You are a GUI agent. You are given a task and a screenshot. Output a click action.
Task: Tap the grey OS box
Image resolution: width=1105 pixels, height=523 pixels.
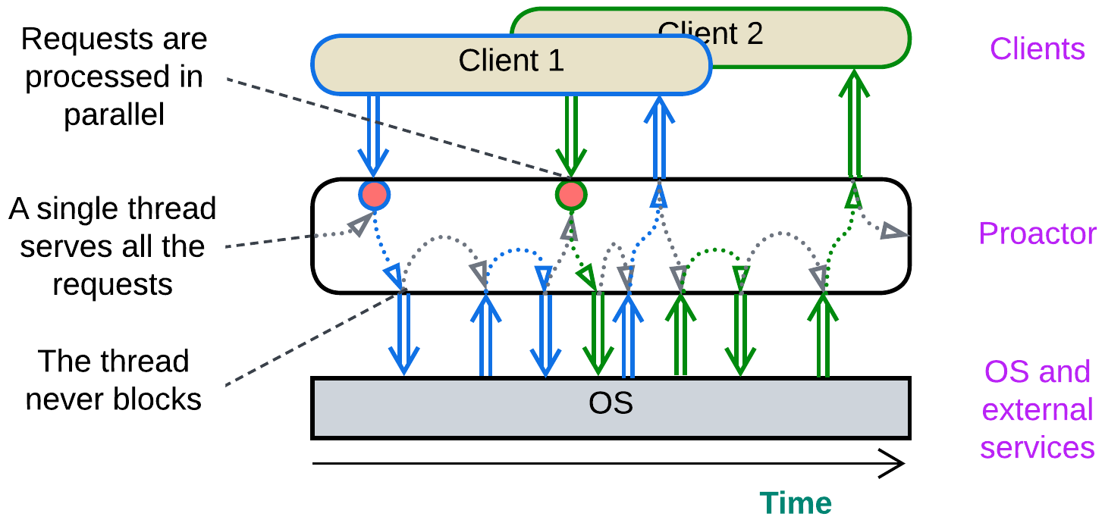tap(611, 407)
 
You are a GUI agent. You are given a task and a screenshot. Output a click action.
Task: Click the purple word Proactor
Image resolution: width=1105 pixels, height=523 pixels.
tap(1038, 233)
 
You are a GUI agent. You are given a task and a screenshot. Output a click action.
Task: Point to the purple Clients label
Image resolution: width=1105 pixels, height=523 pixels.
tap(1037, 49)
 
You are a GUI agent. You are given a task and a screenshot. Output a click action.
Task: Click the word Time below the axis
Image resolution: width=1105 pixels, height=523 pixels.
tap(796, 503)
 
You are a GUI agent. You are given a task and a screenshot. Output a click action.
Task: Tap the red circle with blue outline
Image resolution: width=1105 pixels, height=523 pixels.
tap(374, 195)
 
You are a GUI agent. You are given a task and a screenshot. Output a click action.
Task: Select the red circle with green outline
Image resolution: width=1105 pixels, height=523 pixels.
tap(571, 195)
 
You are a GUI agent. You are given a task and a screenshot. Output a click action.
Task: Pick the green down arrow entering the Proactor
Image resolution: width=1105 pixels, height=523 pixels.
tap(570, 136)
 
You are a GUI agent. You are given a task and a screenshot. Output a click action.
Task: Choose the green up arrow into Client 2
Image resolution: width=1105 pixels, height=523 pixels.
tap(855, 121)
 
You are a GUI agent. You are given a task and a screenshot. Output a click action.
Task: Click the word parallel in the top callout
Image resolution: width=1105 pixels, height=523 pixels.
tap(114, 115)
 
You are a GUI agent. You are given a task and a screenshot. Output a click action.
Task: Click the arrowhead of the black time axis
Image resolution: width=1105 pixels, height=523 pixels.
tap(895, 463)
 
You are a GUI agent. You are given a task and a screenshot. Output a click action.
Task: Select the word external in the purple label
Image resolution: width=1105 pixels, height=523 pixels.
tap(1037, 410)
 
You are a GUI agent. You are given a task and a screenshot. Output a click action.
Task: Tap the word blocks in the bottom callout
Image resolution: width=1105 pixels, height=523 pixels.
tap(159, 399)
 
